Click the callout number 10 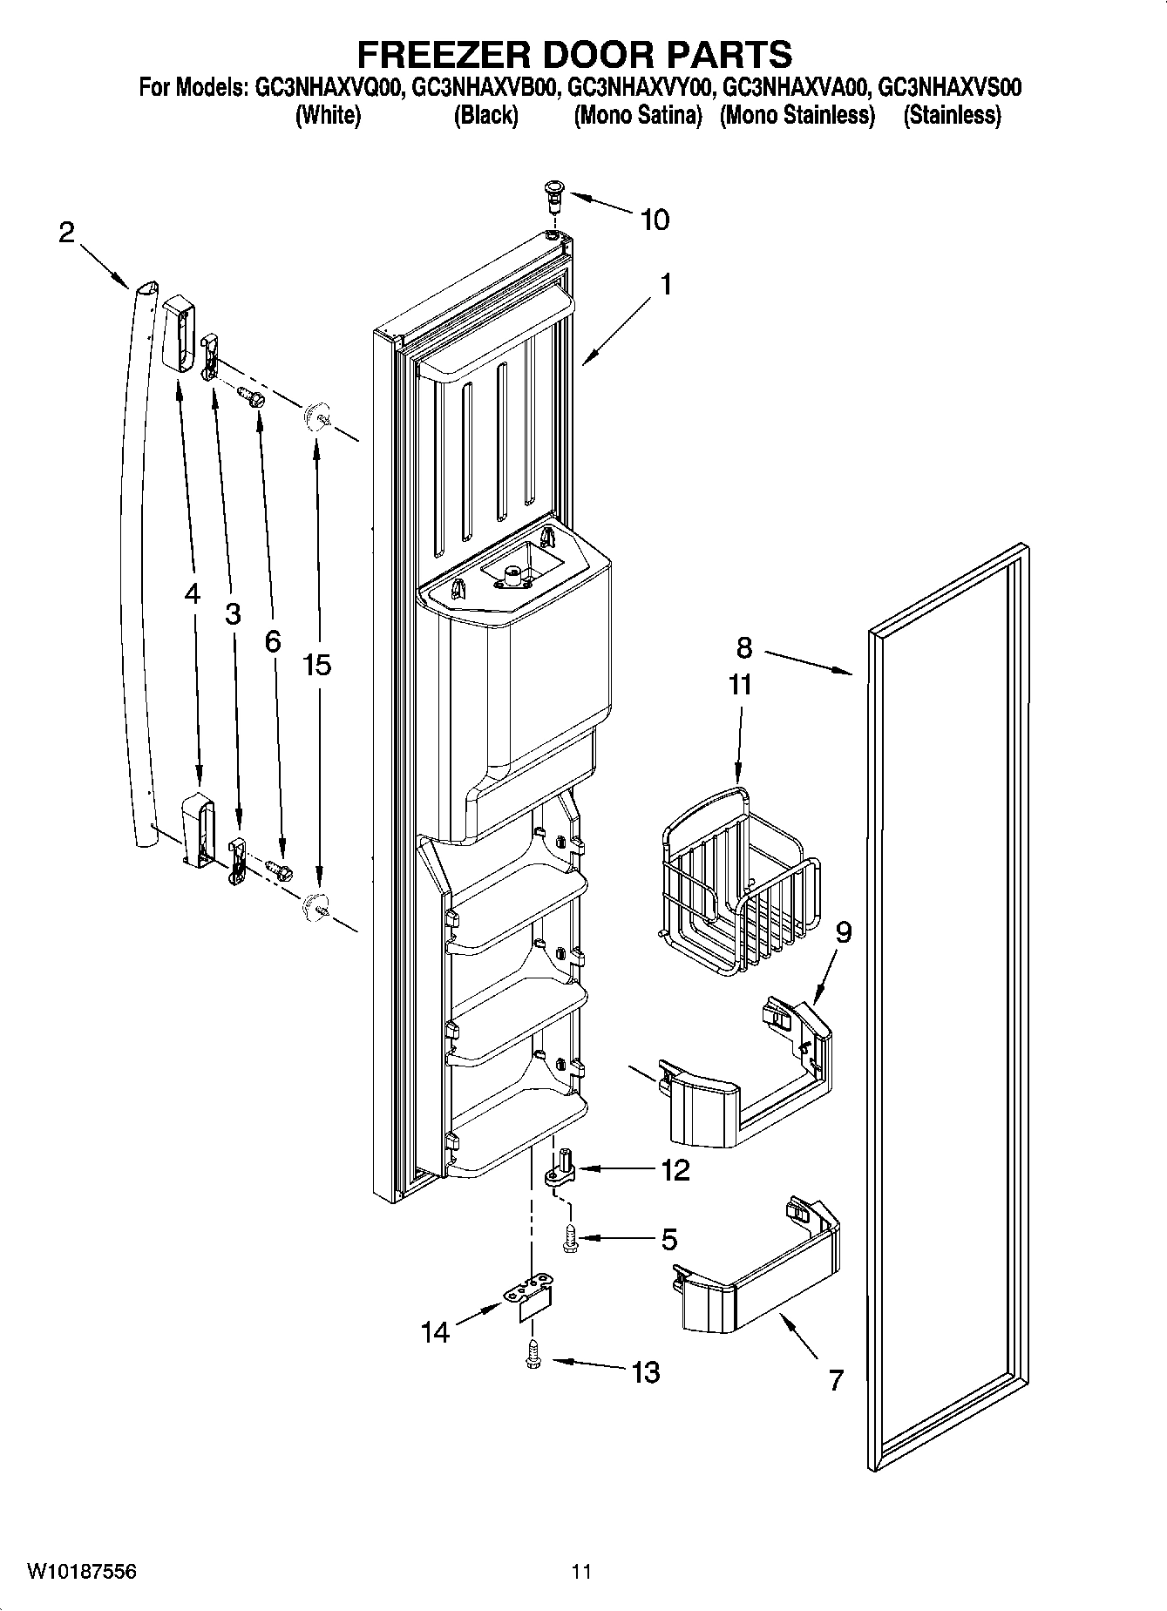click(x=655, y=220)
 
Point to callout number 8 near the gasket click(x=743, y=647)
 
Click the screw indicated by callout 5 click(x=571, y=1238)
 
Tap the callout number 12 click(x=675, y=1169)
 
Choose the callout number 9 click(x=843, y=932)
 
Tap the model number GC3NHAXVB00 click(x=484, y=88)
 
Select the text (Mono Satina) click(x=637, y=116)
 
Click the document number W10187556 click(x=81, y=1572)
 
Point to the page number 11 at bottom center click(x=581, y=1572)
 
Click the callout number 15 click(x=316, y=666)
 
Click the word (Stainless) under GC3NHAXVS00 click(x=952, y=116)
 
